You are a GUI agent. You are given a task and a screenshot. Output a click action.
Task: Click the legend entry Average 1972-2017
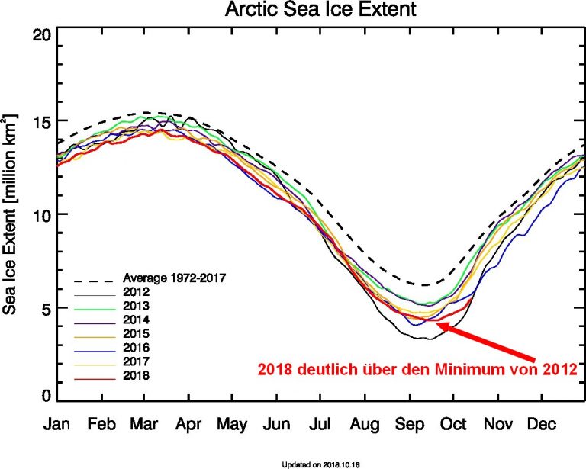(174, 278)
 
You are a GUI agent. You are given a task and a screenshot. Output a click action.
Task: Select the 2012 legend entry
(134, 291)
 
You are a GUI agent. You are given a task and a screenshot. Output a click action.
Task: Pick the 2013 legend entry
(134, 306)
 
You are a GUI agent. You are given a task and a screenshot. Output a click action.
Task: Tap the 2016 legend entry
(134, 348)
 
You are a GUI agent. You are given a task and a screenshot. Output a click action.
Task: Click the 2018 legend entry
(134, 376)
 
